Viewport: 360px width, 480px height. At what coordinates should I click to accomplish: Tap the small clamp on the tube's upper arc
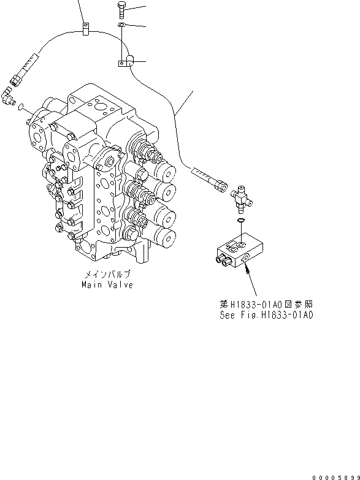tap(85, 28)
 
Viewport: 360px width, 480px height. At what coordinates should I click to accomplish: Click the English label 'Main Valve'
tap(107, 286)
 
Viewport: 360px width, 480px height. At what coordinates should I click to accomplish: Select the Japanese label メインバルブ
tap(108, 276)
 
